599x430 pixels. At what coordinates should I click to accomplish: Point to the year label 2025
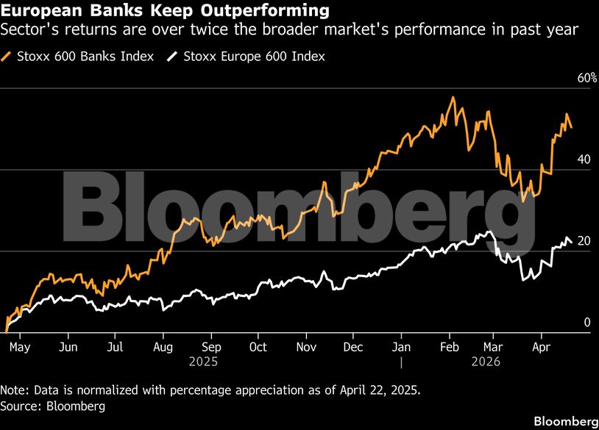click(x=204, y=362)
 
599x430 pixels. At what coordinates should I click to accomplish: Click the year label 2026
click(x=486, y=362)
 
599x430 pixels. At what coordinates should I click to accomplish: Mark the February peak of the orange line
click(x=453, y=97)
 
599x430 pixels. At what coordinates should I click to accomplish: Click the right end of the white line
click(x=572, y=243)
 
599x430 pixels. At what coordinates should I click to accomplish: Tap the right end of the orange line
click(x=572, y=128)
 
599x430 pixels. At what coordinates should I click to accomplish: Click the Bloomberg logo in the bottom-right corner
click(x=565, y=420)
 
